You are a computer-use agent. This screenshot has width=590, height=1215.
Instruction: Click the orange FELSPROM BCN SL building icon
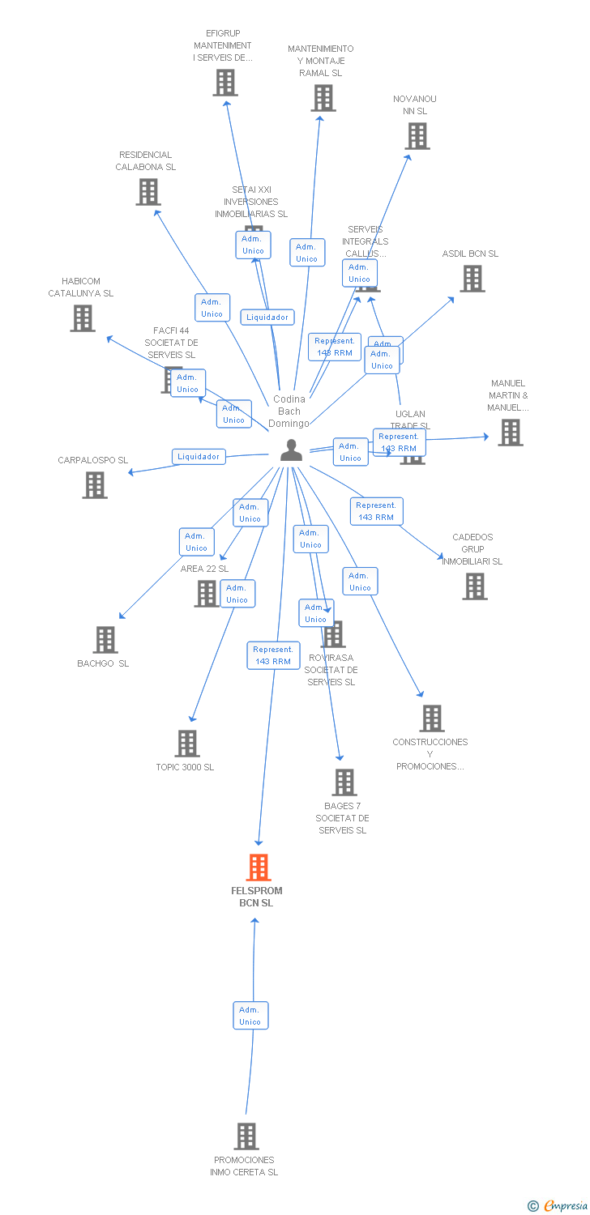coord(259,868)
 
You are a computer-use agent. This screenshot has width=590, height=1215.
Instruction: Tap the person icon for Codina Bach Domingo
coord(291,450)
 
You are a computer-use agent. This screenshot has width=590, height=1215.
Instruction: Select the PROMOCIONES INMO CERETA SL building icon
coord(246,1136)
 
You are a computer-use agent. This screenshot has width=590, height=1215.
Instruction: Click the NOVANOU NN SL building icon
coord(417,136)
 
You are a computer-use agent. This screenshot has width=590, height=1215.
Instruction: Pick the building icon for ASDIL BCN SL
coord(472,278)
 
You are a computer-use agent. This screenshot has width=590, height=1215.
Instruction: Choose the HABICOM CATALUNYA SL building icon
coord(83,318)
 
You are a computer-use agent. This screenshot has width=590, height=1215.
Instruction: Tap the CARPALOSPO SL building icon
coord(95,485)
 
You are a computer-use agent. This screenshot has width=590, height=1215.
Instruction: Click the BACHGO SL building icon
coord(105,640)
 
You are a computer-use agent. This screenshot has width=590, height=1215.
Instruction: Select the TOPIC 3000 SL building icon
coord(187,743)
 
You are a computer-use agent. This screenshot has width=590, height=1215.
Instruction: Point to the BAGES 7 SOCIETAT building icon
coord(344,782)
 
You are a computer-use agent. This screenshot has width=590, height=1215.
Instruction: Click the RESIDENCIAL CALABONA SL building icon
coord(148,192)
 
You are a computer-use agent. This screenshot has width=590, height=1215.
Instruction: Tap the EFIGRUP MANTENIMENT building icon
coord(225,83)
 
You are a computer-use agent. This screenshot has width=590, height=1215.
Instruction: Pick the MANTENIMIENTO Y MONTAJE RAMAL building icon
coord(323,98)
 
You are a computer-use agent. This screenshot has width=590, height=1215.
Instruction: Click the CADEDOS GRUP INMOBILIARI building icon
coord(475,586)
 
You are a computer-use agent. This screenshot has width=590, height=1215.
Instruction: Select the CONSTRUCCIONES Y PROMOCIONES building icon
coord(432,718)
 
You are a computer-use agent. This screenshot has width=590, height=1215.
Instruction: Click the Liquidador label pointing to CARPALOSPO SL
coord(199,457)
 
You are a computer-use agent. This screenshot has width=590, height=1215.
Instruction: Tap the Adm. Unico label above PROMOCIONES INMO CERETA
coord(250,1016)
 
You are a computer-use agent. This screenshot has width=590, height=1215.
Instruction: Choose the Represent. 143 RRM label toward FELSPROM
coord(273,655)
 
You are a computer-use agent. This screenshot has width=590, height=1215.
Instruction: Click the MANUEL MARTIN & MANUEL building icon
coord(510,433)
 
